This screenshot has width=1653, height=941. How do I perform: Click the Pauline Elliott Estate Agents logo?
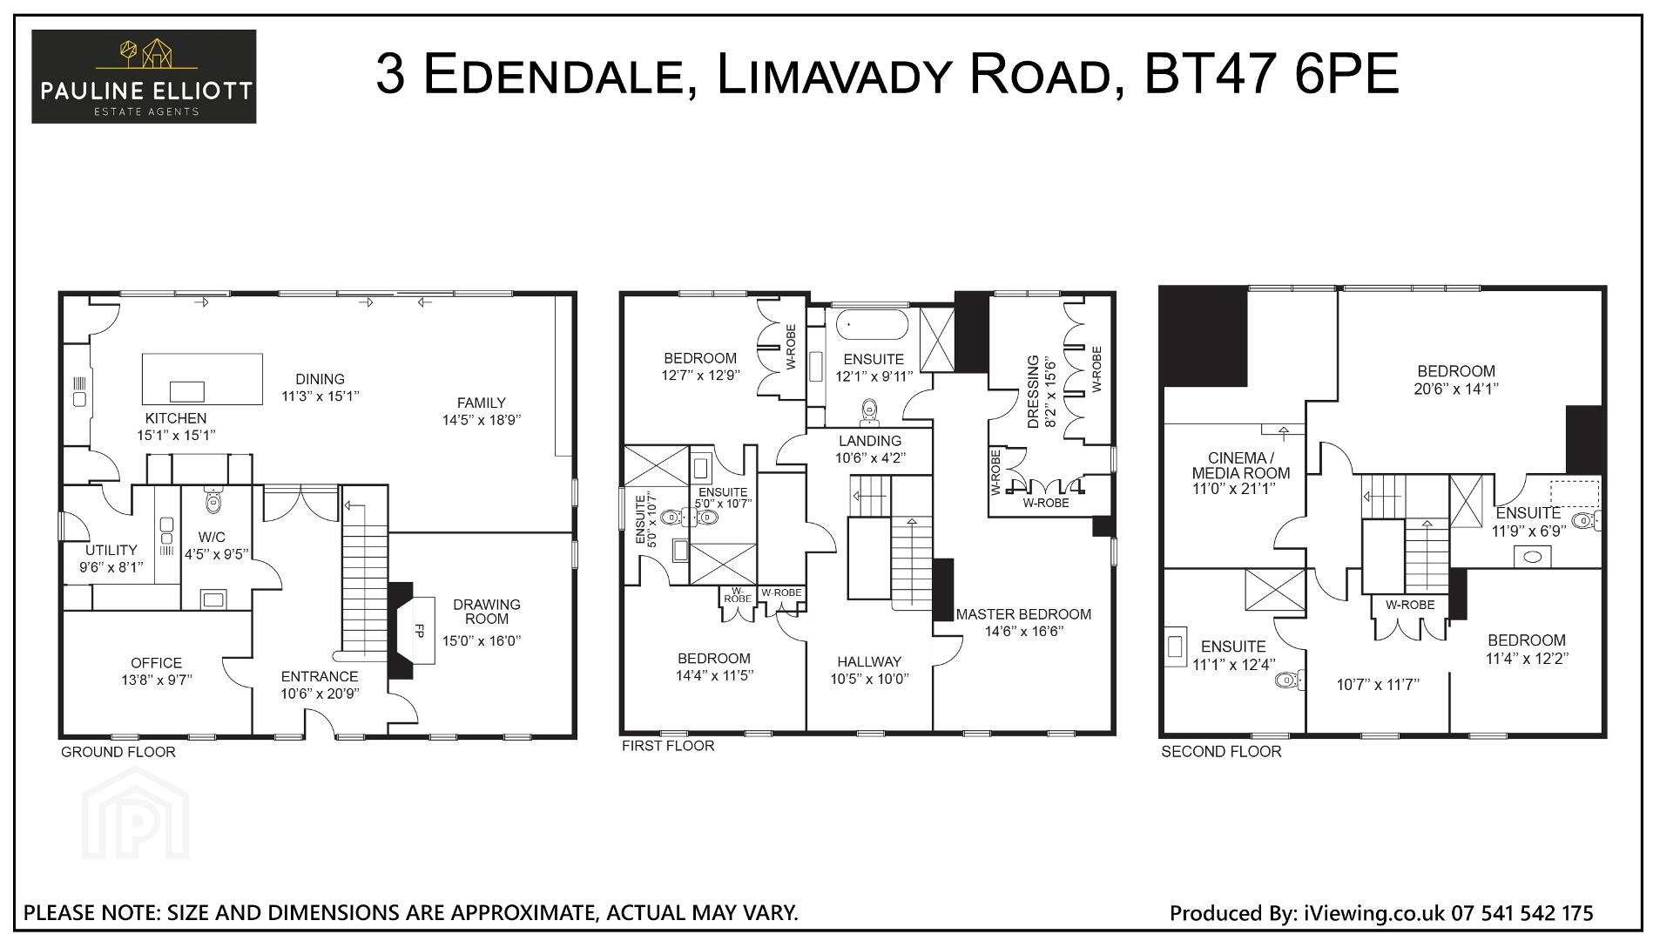point(144,77)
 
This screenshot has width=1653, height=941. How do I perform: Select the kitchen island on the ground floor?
point(202,379)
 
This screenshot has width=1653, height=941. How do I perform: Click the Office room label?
point(157,663)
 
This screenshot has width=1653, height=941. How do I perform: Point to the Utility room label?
point(111,551)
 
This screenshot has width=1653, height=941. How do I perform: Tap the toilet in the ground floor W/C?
point(213,500)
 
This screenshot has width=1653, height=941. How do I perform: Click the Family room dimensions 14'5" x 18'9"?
point(482,419)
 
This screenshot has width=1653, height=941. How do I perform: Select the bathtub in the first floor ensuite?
point(872,326)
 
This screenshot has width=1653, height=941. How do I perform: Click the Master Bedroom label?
point(1023,614)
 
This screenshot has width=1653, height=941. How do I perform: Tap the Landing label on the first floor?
point(870,441)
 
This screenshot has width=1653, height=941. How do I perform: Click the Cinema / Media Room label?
point(1241,466)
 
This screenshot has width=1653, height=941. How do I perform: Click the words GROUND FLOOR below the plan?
point(118,752)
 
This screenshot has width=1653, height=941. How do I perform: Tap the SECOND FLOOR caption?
point(1221,752)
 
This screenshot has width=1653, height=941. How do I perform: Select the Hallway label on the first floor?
point(869,662)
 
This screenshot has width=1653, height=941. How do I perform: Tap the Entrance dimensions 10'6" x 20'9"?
point(320,694)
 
